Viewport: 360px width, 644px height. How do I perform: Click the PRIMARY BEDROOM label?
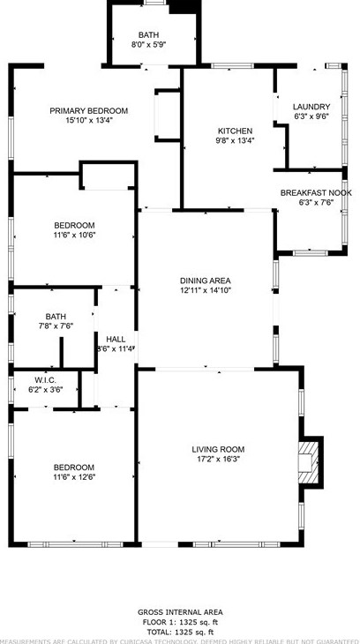point(88,110)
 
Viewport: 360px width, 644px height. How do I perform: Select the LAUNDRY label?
point(311,107)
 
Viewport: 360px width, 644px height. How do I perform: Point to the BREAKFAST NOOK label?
point(316,192)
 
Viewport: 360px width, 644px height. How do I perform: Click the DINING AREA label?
point(206,280)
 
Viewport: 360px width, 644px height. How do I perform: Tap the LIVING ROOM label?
point(218,449)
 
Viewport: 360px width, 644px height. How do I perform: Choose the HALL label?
point(116,339)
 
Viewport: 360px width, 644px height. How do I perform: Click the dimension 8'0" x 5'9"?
point(148,44)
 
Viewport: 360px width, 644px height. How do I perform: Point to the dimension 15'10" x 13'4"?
point(88,120)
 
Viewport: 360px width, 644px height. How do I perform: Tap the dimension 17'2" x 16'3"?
point(218,459)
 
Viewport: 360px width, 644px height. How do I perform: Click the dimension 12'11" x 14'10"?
point(206,289)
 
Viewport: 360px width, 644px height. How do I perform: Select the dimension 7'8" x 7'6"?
point(56,326)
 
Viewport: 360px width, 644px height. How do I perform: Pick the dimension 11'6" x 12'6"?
point(74,476)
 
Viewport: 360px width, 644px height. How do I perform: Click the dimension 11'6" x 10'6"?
point(74,235)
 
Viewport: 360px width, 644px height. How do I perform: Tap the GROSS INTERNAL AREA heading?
point(180,611)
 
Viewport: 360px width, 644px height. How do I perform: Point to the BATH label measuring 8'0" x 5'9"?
point(148,35)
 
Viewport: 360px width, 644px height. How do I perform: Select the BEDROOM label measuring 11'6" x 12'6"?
point(74,467)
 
